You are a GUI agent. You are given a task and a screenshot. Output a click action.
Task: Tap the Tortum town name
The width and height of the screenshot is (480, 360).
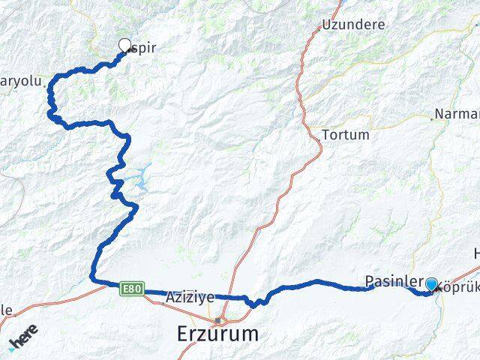click(x=345, y=136)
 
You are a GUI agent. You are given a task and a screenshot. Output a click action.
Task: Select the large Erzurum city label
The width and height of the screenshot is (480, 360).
click(x=219, y=334)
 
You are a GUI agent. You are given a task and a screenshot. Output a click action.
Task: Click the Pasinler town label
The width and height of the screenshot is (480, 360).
click(x=391, y=281)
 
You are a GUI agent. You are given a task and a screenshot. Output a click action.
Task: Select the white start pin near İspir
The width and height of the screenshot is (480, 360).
click(x=124, y=45)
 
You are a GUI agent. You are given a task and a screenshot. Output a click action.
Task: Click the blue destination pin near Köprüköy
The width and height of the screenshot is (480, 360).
click(x=431, y=284)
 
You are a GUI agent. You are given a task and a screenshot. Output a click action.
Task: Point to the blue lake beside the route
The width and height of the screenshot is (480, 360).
click(x=139, y=177)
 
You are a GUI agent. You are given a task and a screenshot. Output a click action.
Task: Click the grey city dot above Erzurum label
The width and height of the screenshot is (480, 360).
click(x=217, y=319)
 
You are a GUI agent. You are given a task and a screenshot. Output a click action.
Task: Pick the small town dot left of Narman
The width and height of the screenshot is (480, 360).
click(x=433, y=118)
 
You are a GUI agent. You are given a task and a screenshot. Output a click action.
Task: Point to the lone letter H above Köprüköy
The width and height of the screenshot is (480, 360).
click(x=475, y=253)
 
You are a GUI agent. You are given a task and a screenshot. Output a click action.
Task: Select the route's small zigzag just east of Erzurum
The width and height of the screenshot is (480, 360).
click(x=255, y=302)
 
